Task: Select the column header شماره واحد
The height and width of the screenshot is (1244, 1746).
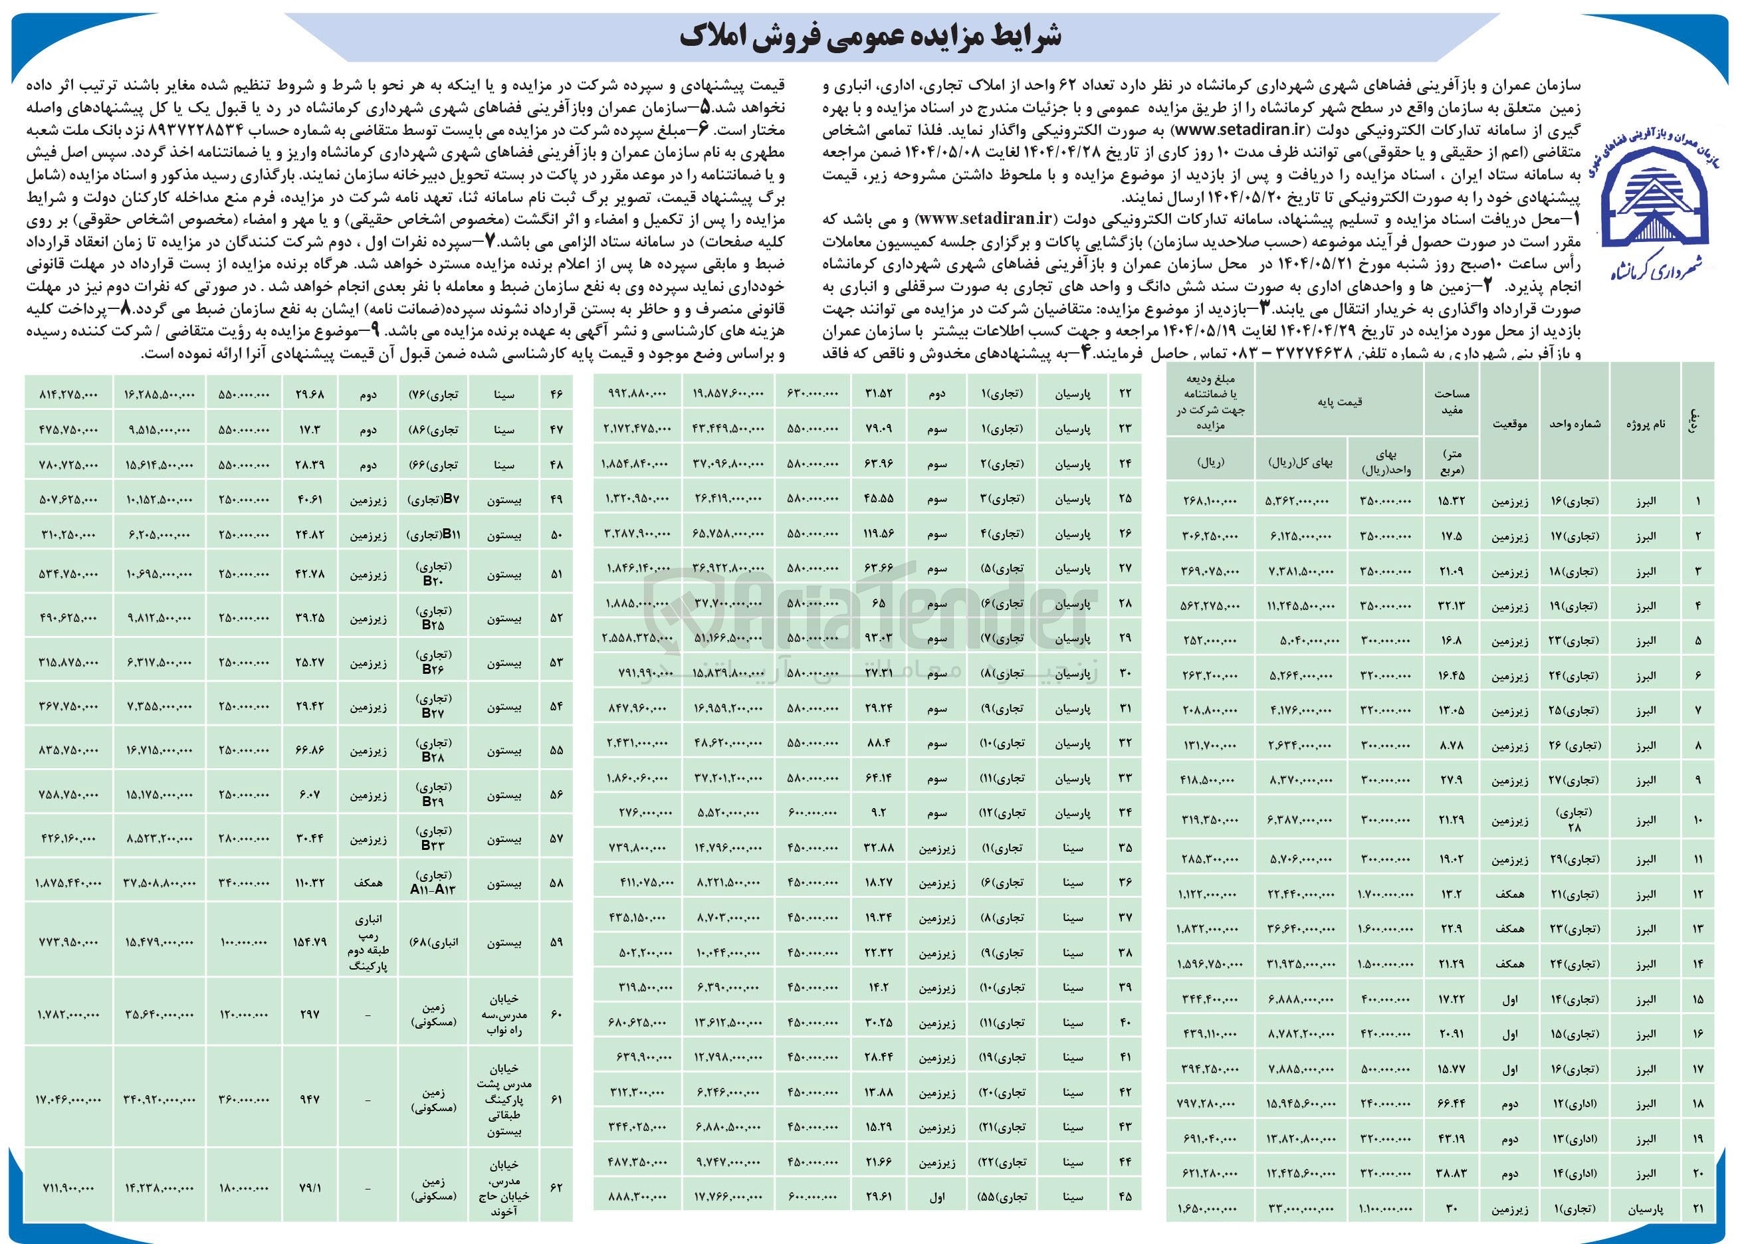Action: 1575,423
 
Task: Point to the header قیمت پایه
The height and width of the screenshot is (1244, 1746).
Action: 1339,402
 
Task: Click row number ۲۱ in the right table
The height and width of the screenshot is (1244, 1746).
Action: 1697,1209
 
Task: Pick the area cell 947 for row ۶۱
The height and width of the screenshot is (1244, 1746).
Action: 310,1099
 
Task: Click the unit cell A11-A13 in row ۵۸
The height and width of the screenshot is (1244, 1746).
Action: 433,882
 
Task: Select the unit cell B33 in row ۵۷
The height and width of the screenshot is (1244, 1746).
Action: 433,839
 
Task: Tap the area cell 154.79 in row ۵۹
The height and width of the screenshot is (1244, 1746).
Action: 310,942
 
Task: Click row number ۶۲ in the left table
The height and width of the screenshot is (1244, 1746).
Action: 556,1188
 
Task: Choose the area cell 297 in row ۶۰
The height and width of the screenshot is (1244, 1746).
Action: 310,1014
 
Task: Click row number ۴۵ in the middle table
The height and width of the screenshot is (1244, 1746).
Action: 1125,1197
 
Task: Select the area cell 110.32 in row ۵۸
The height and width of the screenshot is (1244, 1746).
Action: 310,882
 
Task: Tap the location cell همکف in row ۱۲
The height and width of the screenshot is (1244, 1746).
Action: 1509,894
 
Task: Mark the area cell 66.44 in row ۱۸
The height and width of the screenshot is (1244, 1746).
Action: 1451,1104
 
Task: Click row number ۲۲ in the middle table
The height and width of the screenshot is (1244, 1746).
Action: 1125,393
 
